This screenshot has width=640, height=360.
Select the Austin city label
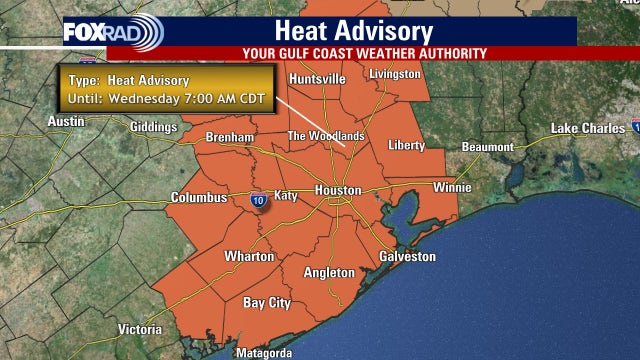click(66, 121)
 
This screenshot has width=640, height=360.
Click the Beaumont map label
click(487, 147)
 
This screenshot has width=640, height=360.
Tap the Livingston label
click(395, 74)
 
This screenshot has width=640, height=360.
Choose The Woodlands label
click(326, 136)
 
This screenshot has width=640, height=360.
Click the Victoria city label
click(139, 329)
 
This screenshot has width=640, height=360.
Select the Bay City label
click(267, 302)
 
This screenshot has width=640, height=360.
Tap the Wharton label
click(249, 257)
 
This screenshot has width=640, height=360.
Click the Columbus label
click(199, 198)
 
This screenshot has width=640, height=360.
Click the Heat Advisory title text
click(341, 31)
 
